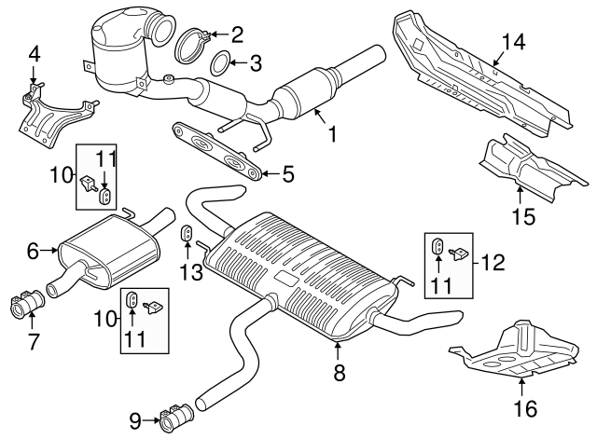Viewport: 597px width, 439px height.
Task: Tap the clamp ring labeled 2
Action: click(x=191, y=43)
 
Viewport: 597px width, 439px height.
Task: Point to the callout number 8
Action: click(x=339, y=373)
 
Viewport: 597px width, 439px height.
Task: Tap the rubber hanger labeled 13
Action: click(x=186, y=232)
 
